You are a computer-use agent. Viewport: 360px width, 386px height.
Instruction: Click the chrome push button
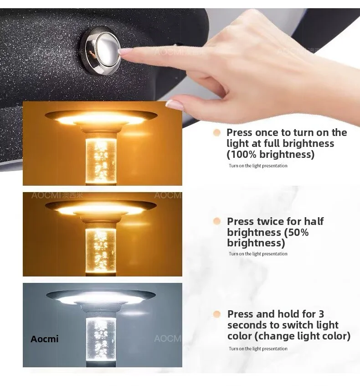click(100, 50)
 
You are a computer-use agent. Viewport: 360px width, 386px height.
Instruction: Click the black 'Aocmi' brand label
click(45, 339)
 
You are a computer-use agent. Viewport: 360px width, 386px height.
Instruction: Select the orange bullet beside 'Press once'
click(217, 133)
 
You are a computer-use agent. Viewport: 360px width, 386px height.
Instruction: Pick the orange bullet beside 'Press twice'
click(217, 221)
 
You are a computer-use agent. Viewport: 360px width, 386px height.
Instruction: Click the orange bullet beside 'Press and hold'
click(217, 314)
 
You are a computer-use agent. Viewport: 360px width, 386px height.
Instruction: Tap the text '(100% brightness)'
click(271, 154)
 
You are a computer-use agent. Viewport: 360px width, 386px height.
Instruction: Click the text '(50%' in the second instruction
click(296, 232)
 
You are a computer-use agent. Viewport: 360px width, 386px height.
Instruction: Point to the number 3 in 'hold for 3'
click(321, 314)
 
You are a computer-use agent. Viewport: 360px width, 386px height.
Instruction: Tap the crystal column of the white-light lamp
click(101, 340)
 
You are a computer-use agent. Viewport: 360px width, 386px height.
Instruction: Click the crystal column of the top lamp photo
click(101, 160)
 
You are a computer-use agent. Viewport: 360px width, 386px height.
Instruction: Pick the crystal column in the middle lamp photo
click(101, 250)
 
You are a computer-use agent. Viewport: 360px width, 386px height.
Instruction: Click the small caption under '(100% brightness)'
click(258, 166)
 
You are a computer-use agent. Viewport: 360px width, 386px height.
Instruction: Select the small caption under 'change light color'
click(258, 349)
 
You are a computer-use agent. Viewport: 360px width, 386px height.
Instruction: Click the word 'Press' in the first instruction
click(240, 132)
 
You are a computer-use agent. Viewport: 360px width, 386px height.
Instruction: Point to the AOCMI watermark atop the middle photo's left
click(57, 195)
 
